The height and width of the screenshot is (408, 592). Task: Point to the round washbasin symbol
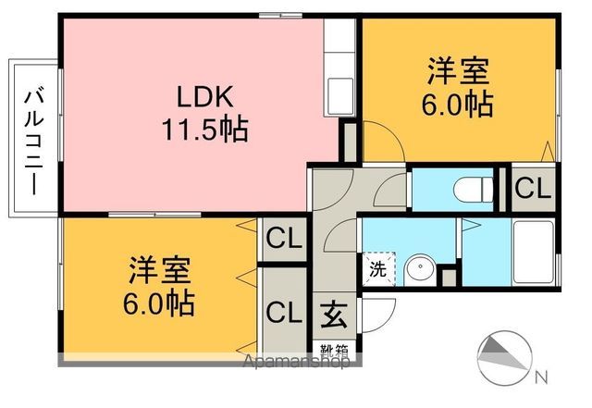point(420,270)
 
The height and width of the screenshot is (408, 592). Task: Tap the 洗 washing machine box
point(377,270)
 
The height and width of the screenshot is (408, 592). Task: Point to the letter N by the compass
point(541,377)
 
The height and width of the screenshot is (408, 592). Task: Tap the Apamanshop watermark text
point(296,363)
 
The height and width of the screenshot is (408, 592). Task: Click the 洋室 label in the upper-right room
point(459,71)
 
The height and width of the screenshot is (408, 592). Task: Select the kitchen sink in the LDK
point(339,93)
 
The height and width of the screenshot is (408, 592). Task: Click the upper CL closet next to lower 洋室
point(283,240)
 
